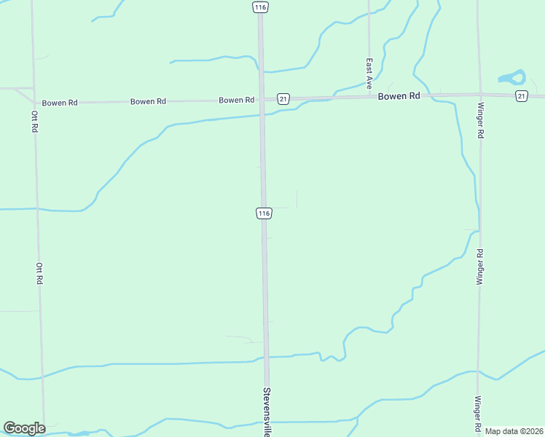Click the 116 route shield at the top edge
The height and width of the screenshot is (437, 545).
pyautogui.click(x=261, y=7)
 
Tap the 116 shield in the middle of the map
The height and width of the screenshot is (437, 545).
pyautogui.click(x=264, y=213)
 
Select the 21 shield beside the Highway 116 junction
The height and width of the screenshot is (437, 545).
pyautogui.click(x=283, y=98)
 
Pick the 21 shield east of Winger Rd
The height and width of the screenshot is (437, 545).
pyautogui.click(x=521, y=96)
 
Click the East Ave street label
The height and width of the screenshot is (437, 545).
pyautogui.click(x=369, y=73)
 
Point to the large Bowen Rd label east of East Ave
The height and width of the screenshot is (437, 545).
pyautogui.click(x=399, y=96)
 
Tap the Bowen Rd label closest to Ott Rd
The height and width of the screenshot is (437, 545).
pyautogui.click(x=60, y=103)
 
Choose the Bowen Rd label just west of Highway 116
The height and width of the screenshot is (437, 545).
pyautogui.click(x=236, y=100)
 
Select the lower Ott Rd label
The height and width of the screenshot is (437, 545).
pyautogui.click(x=39, y=273)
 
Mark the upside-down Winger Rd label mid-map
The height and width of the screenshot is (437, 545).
pyautogui.click(x=479, y=267)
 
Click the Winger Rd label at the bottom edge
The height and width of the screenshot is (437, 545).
pyautogui.click(x=478, y=412)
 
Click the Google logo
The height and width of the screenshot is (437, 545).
pyautogui.click(x=24, y=428)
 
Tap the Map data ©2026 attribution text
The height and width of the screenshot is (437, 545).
pyautogui.click(x=514, y=431)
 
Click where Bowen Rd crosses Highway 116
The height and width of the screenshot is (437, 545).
pyautogui.click(x=262, y=98)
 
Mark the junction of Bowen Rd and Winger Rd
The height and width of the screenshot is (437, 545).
pyautogui.click(x=479, y=94)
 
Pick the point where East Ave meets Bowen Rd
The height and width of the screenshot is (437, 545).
pyautogui.click(x=369, y=95)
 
